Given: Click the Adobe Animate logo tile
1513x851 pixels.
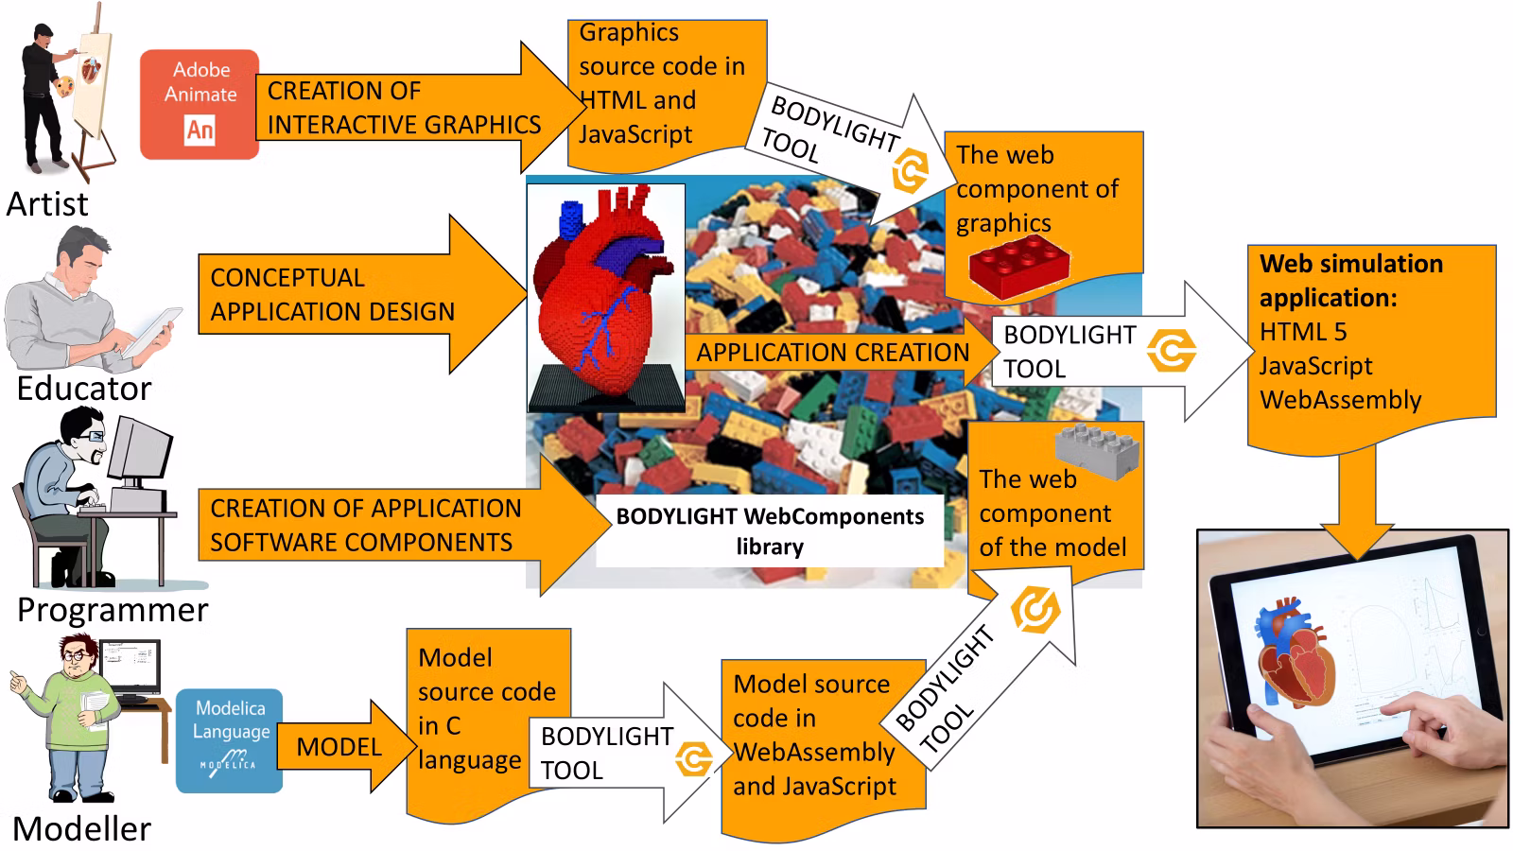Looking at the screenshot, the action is [x=200, y=105].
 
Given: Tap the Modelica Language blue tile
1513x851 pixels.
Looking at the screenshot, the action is [x=230, y=741].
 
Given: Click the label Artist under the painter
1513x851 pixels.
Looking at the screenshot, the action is [x=47, y=204].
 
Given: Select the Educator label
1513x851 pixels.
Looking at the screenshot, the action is [x=84, y=389].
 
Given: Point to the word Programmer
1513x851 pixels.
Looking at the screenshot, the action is [x=113, y=610].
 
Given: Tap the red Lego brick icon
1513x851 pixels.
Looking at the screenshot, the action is [x=1019, y=266].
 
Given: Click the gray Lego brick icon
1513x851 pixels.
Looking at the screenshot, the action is [x=1098, y=450].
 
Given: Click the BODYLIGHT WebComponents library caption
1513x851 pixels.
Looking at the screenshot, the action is [x=770, y=531].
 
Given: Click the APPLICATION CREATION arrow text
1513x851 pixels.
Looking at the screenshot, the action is [x=833, y=353].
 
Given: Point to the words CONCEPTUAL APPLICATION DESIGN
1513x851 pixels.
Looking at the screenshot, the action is [x=332, y=295].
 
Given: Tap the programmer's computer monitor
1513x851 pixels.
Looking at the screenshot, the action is [x=140, y=449].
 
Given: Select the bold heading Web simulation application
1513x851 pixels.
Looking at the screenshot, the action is [x=1351, y=280].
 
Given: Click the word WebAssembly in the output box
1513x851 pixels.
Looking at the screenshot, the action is [x=1340, y=400].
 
